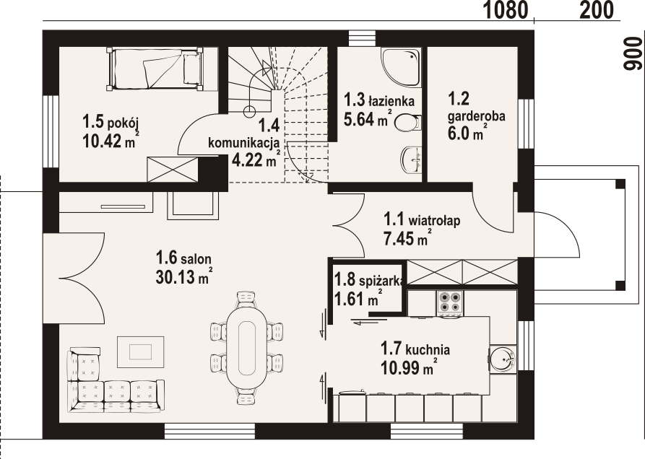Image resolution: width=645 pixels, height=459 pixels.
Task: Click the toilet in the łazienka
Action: [408, 123]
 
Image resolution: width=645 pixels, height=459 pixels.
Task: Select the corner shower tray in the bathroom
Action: [401, 67]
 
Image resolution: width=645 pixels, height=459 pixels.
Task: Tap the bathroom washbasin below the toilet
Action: [412, 159]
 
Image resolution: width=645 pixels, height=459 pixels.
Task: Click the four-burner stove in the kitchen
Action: [450, 303]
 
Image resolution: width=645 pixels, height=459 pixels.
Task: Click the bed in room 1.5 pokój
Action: [155, 69]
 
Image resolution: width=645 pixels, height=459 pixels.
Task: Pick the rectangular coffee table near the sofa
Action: [140, 351]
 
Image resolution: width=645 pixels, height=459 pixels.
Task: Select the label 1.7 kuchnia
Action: [415, 350]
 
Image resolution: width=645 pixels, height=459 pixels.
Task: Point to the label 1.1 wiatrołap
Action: [422, 220]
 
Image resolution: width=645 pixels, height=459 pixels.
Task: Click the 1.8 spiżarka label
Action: [370, 281]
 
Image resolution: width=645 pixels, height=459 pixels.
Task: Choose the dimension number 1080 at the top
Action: [505, 10]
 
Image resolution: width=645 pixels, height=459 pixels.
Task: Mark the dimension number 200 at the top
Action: [597, 10]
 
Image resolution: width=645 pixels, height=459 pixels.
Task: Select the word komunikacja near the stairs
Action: [244, 144]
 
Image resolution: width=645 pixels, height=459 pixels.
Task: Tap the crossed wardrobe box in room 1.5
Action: [173, 169]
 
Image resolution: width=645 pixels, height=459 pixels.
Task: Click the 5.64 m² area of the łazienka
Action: [367, 119]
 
